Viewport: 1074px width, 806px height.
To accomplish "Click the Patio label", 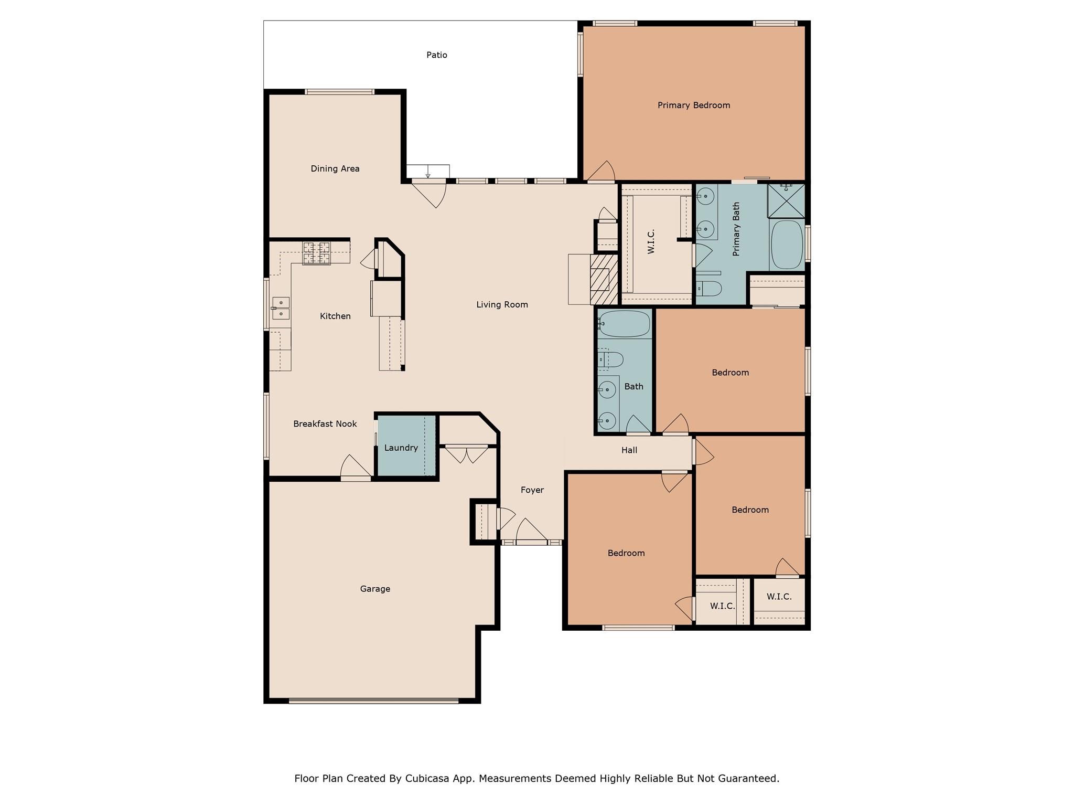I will (x=436, y=55).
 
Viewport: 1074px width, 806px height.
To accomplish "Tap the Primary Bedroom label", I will (x=693, y=105).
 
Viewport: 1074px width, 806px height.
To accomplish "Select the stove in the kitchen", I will (x=316, y=253).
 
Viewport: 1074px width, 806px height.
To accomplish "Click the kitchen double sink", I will (x=281, y=308).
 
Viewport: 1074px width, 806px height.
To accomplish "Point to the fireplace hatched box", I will (x=604, y=279).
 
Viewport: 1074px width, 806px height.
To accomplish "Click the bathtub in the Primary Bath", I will (x=787, y=245).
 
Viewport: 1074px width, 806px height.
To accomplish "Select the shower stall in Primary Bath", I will (x=786, y=200).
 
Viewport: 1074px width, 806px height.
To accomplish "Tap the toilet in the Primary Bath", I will (x=709, y=288).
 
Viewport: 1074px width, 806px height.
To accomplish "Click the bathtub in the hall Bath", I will (x=624, y=323).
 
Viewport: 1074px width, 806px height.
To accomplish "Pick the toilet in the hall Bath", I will (x=610, y=359).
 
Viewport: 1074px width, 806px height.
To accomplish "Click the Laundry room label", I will (x=401, y=448).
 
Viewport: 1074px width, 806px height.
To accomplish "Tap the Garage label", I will (x=375, y=589).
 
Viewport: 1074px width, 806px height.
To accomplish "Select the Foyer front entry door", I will (x=531, y=542).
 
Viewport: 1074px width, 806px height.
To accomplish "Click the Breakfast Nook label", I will (x=325, y=424).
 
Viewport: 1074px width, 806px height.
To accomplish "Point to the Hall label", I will (x=629, y=450).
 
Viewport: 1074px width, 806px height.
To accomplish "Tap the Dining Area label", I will (x=335, y=169).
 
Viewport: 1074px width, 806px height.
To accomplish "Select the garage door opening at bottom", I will (x=373, y=700).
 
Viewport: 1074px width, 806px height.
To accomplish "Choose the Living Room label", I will (x=502, y=305).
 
